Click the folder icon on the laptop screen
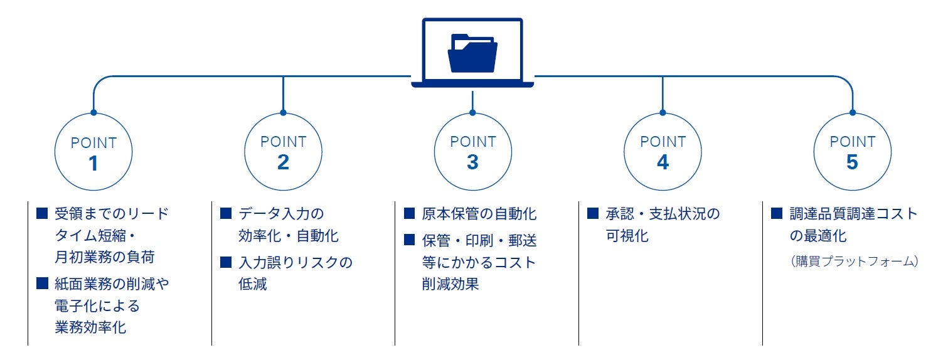[472, 53]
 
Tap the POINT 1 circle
[93, 152]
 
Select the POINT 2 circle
[283, 152]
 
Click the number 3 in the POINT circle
[472, 162]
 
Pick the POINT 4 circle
[663, 152]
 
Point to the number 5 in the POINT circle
[852, 162]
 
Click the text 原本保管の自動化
[479, 214]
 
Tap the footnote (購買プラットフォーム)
[854, 260]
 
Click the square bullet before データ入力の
[226, 214]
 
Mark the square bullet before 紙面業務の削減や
[42, 284]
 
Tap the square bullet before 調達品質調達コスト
[777, 214]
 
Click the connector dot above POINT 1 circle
[93, 113]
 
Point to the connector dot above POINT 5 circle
[852, 113]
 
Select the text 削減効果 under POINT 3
[450, 284]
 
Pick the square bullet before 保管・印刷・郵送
[409, 239]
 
